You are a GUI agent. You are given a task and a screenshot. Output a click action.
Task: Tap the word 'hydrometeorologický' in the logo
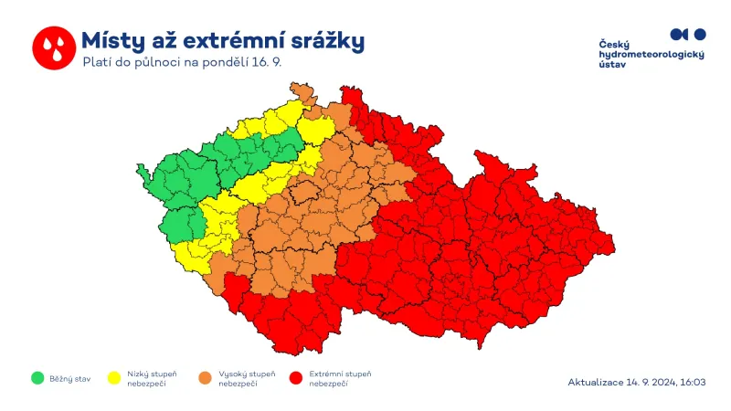[x=652, y=56]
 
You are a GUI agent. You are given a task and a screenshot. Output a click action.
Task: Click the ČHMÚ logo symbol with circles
[x=688, y=34]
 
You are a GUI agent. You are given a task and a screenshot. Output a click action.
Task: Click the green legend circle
[x=37, y=378]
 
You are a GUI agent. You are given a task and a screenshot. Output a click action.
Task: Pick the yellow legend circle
[x=115, y=378]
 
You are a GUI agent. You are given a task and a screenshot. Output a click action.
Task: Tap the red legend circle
[x=295, y=378]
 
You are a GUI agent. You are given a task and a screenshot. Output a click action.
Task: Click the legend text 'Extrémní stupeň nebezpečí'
[x=341, y=378]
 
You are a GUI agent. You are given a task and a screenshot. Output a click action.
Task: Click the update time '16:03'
[x=693, y=382]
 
